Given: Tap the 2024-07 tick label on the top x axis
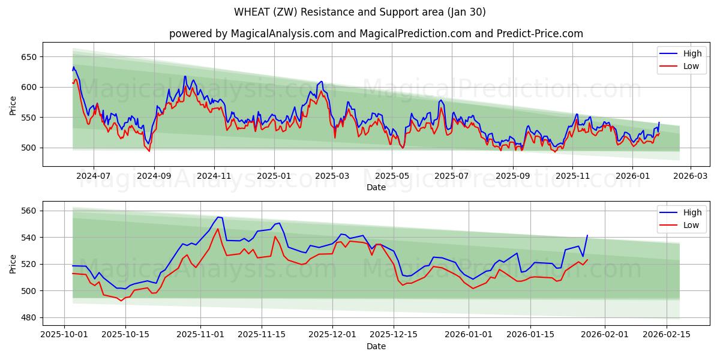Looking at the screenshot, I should pyautogui.click(x=94, y=176).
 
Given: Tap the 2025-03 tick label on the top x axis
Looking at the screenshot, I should pyautogui.click(x=332, y=176).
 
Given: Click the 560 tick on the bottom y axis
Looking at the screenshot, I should pyautogui.click(x=28, y=211).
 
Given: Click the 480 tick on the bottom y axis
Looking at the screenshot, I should pyautogui.click(x=28, y=317).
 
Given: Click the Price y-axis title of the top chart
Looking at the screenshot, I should pyautogui.click(x=13, y=104).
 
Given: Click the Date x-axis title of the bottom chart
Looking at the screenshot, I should pyautogui.click(x=376, y=346).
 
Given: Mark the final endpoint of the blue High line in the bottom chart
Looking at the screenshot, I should pyautogui.click(x=587, y=235).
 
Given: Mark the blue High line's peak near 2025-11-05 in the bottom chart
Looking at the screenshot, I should pyautogui.click(x=218, y=217).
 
